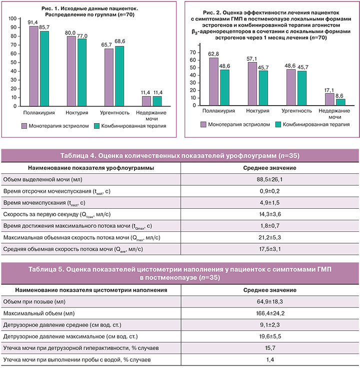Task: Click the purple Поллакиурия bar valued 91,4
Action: [34, 66]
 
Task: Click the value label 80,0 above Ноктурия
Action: [71, 32]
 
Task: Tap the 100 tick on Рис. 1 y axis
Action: [12, 17]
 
